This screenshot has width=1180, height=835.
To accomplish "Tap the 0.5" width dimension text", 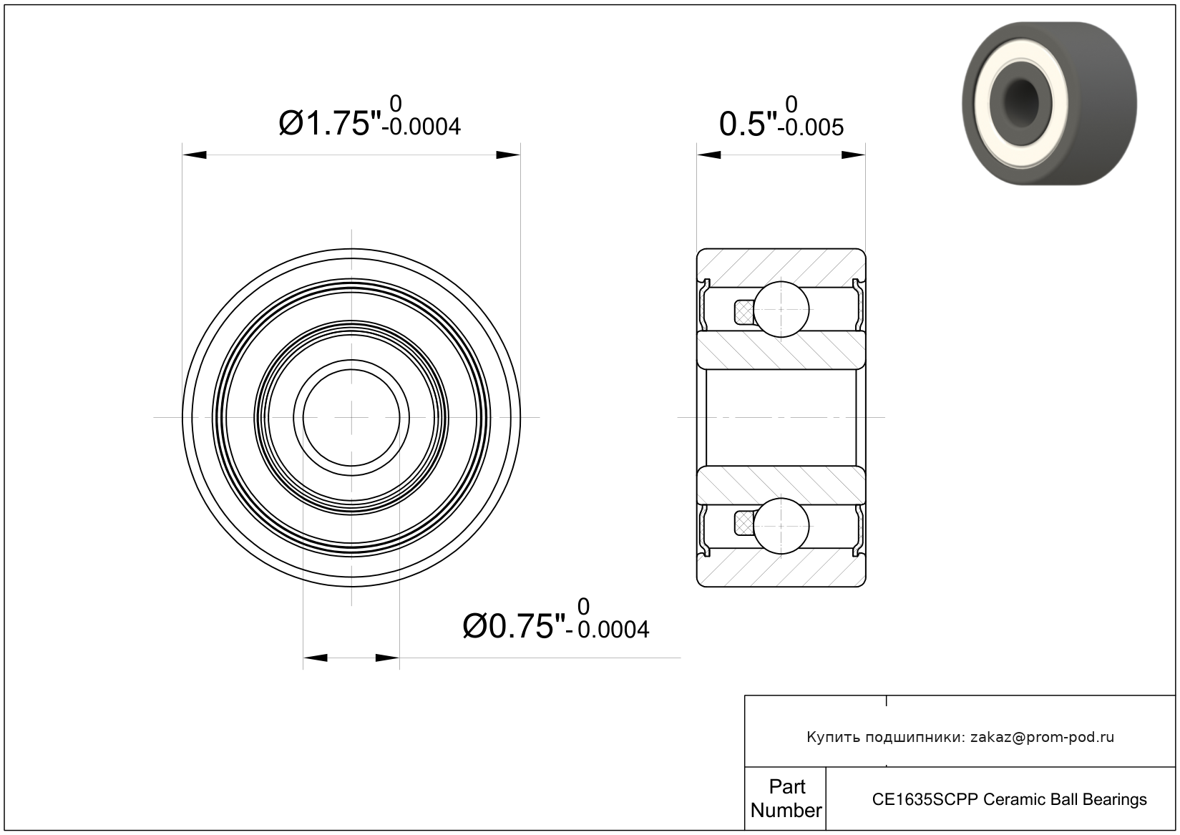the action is pos(748,124).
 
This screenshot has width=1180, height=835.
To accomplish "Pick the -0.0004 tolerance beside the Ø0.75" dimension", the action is pos(608,630).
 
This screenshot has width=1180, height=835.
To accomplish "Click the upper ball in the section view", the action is pos(781,309).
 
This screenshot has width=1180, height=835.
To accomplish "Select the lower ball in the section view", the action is pos(781,526).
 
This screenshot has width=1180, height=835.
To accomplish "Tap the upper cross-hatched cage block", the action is pos(743,312).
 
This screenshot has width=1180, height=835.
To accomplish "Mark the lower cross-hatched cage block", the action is pos(743,524).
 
